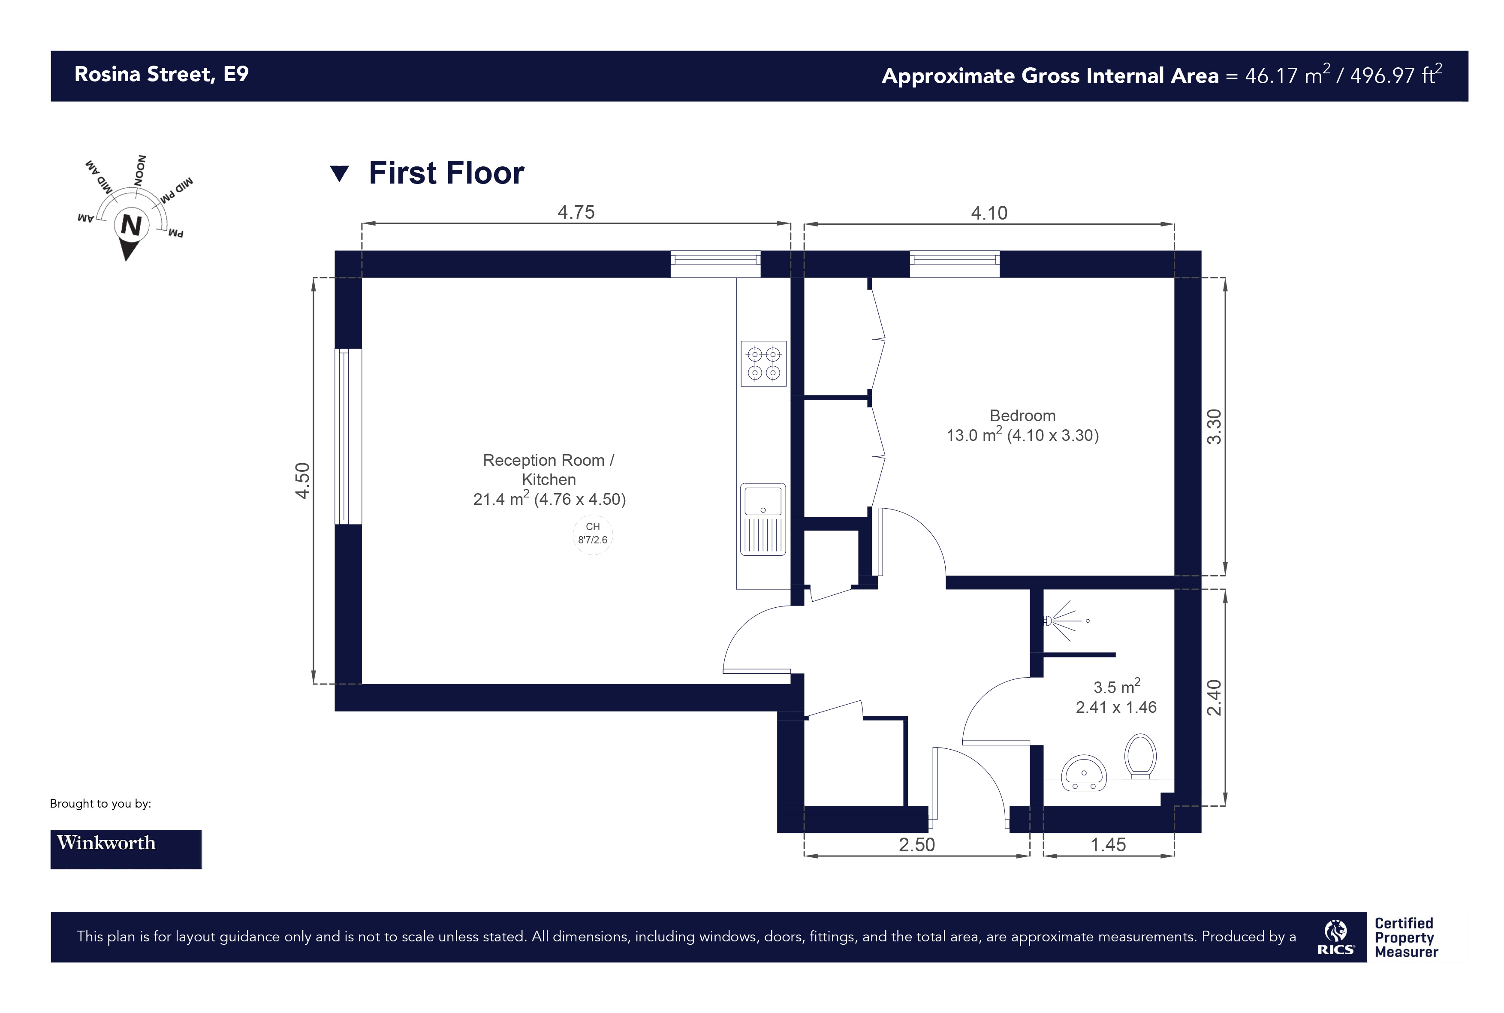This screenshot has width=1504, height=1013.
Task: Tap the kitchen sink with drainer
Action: (x=763, y=519)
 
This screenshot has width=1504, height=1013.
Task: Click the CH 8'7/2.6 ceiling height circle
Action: (x=592, y=534)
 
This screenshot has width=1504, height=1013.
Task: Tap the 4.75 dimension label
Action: (x=576, y=213)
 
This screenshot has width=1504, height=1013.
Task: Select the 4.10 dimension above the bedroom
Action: (x=989, y=213)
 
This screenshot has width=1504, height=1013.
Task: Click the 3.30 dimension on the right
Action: (x=1214, y=427)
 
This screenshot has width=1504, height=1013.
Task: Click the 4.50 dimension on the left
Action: (x=302, y=481)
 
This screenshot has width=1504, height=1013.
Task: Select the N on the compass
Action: (x=131, y=226)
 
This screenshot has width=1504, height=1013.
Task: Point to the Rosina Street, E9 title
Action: (x=162, y=74)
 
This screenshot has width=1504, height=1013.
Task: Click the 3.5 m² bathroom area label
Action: (x=1116, y=686)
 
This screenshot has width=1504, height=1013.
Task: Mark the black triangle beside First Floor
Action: (x=339, y=174)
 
